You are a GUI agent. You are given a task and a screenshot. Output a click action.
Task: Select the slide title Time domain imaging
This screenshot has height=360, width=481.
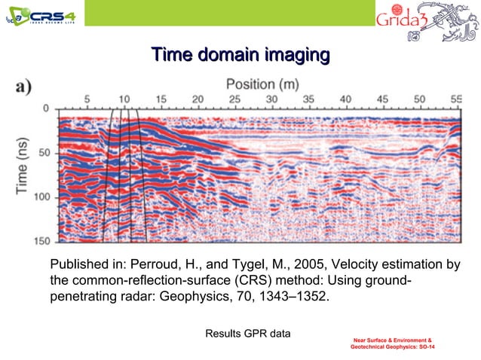click(240, 55)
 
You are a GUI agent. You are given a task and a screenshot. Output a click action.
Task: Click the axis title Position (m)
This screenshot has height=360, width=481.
click(260, 83)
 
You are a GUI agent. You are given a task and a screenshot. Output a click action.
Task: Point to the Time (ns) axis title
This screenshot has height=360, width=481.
click(23, 167)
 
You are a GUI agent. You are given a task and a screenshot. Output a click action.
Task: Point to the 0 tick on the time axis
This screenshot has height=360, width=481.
click(46, 109)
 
